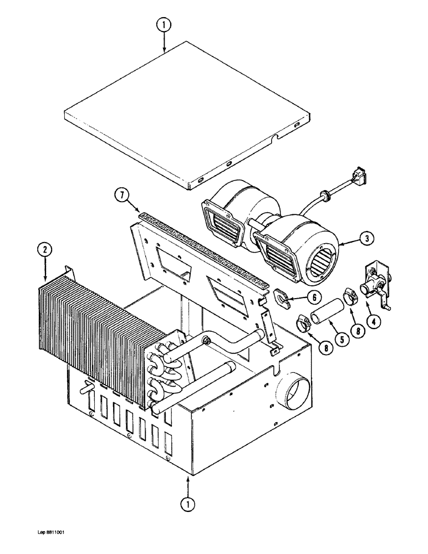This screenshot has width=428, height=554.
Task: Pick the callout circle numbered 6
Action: coord(313,297)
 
